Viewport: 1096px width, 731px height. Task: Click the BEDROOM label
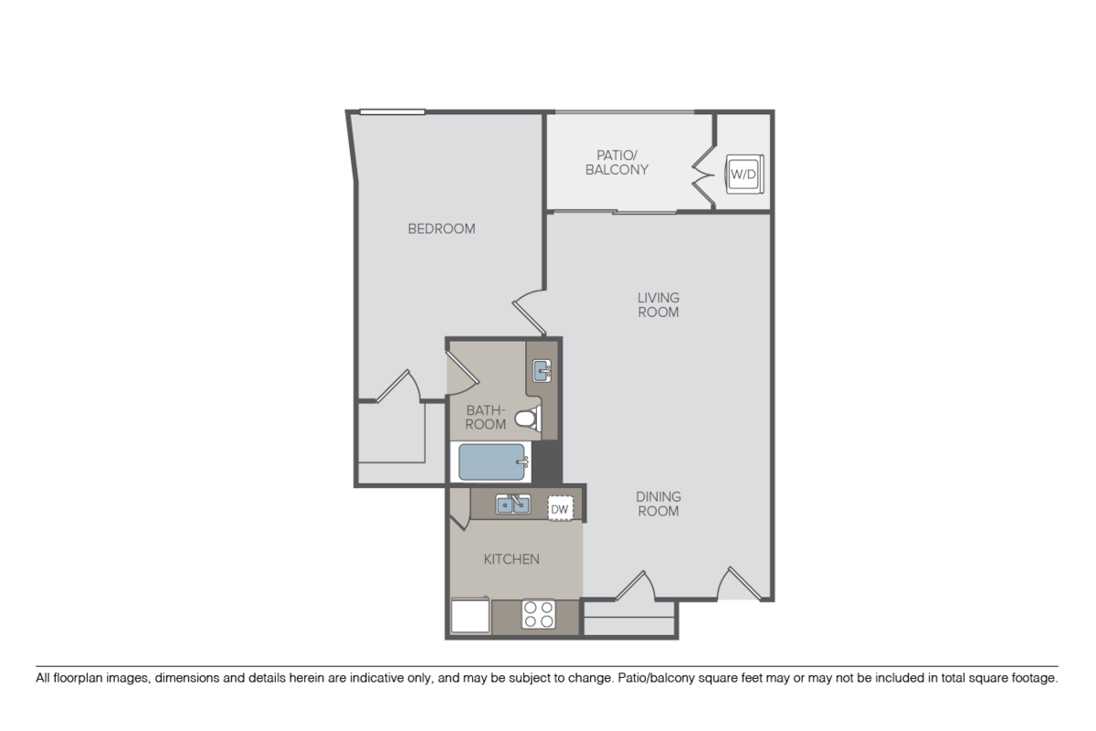click(x=441, y=228)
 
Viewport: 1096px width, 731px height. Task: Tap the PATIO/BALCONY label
click(x=616, y=162)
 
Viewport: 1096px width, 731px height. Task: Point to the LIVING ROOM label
click(x=659, y=304)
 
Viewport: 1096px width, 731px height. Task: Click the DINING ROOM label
click(x=659, y=503)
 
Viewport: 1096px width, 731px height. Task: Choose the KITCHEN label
click(x=511, y=559)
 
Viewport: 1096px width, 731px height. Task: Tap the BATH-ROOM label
click(x=487, y=418)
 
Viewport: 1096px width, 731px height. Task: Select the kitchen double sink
click(x=513, y=503)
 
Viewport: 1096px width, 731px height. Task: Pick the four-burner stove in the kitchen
click(x=539, y=614)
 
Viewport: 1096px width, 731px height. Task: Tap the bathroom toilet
click(x=527, y=420)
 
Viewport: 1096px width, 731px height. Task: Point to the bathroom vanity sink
click(x=542, y=370)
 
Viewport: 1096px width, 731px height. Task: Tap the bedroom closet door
click(x=399, y=387)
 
